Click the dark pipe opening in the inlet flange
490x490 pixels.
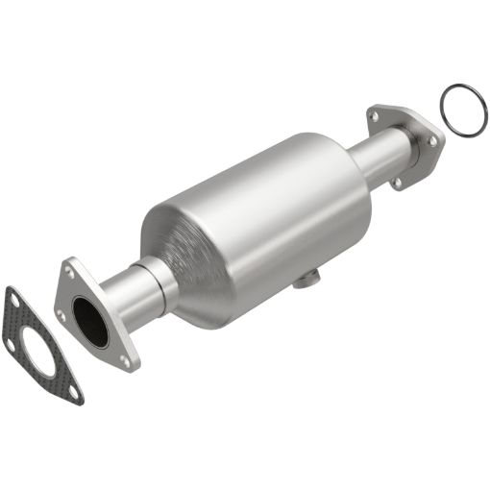pos(89,322)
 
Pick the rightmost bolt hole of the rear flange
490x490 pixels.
pos(433,142)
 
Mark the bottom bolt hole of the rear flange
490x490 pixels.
pos(394,181)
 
